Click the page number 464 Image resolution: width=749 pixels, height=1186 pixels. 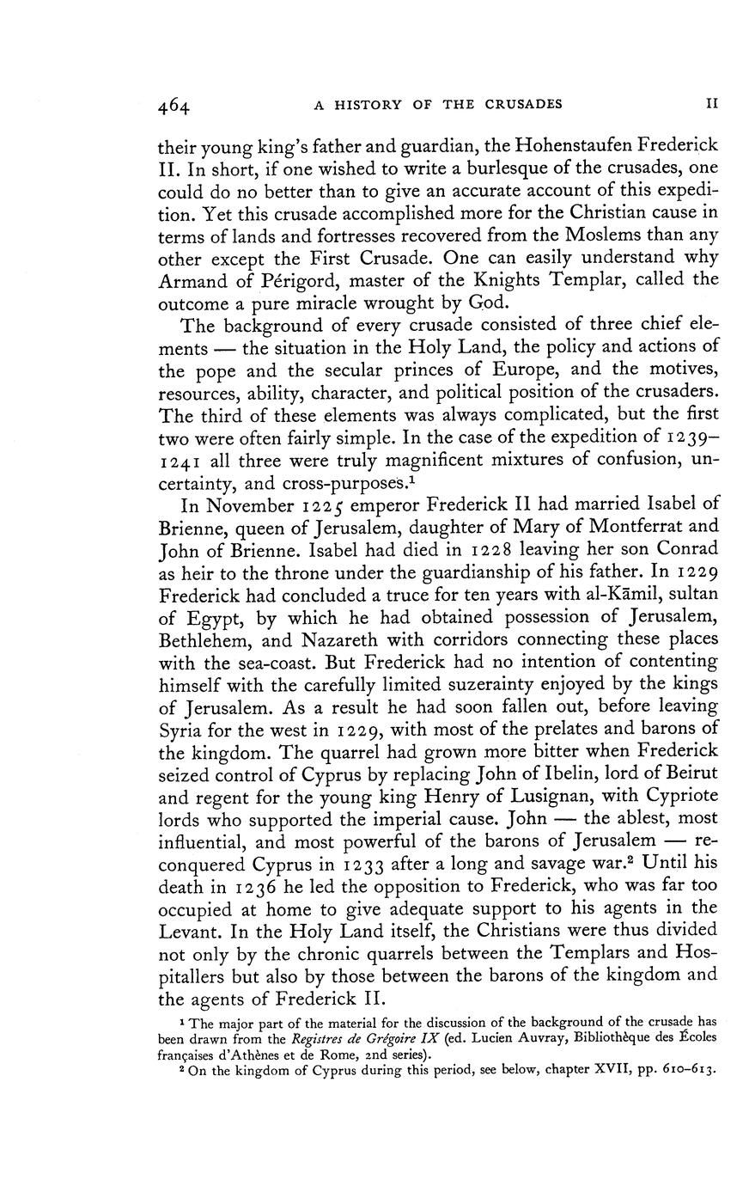pyautogui.click(x=174, y=106)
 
